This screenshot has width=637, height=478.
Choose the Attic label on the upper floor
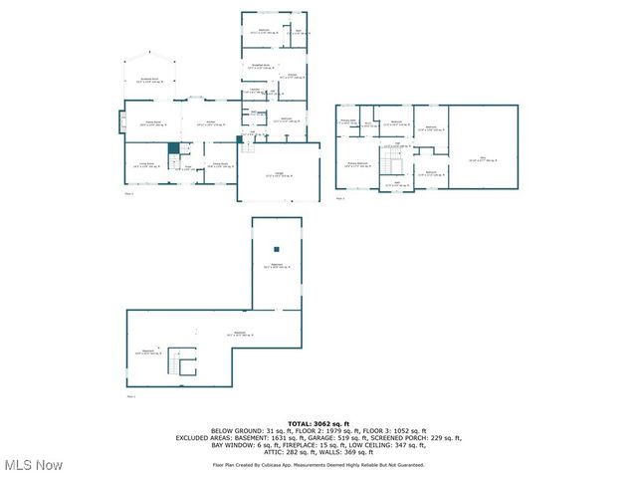(483, 158)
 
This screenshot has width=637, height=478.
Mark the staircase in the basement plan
(180, 363)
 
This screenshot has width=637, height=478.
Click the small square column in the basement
(278, 248)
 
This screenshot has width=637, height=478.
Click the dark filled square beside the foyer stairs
(173, 148)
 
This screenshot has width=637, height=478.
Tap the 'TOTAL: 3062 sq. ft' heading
(318, 422)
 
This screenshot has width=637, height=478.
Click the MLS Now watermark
(33, 465)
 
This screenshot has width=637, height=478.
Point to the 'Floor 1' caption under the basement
(130, 396)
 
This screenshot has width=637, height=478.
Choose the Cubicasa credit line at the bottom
(318, 465)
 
